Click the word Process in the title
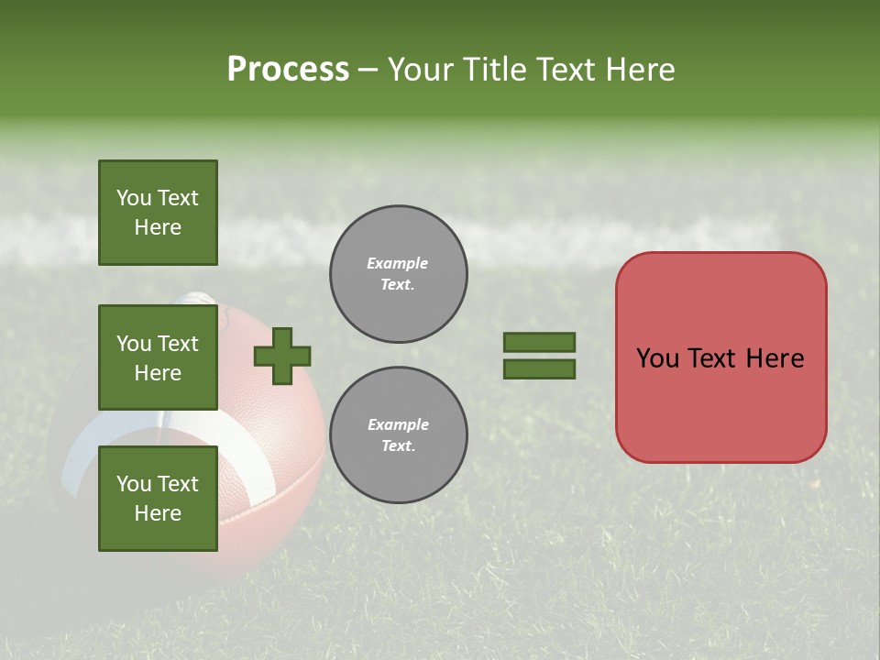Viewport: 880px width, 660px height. (x=288, y=69)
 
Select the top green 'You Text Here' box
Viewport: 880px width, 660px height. (x=158, y=213)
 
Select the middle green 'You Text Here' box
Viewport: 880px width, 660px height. (x=158, y=357)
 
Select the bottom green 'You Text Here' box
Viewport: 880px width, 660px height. (x=158, y=499)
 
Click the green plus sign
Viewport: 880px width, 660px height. (x=281, y=356)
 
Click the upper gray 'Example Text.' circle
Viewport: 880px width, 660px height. (x=398, y=274)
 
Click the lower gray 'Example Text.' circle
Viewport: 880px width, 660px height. (x=398, y=435)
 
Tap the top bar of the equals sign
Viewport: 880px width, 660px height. (x=539, y=342)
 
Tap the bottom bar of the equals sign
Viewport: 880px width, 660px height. (x=539, y=369)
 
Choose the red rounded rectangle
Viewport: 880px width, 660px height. (x=720, y=403)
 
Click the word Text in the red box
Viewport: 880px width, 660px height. (x=711, y=358)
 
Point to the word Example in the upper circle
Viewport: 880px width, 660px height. (x=398, y=263)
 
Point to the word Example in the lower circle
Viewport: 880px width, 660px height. (x=398, y=424)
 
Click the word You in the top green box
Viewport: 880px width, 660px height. (x=133, y=198)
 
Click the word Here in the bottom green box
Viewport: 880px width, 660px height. (x=158, y=513)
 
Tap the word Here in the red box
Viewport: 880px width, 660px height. (x=775, y=358)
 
